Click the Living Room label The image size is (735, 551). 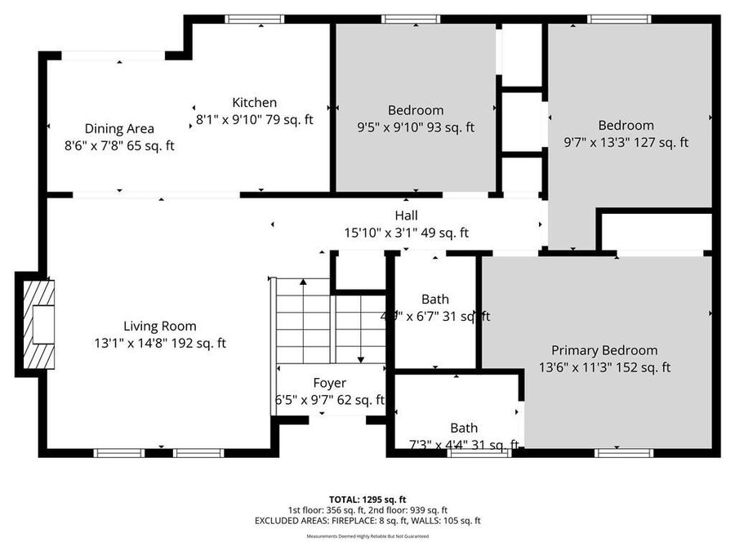[160, 326]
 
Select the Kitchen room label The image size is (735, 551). [255, 103]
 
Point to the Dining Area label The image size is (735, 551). [119, 128]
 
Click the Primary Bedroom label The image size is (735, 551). [604, 350]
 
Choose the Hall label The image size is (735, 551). [406, 216]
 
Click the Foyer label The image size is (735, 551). [330, 383]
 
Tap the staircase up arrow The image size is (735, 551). [303, 282]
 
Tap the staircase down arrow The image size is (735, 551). [360, 357]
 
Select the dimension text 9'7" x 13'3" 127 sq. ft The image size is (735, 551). [626, 142]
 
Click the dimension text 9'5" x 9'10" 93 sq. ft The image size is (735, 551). [416, 127]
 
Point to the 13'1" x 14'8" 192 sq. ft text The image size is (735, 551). [160, 343]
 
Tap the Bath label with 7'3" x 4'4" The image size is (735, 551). [464, 428]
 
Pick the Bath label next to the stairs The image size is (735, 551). [435, 300]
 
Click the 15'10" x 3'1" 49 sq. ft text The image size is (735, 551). [406, 233]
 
